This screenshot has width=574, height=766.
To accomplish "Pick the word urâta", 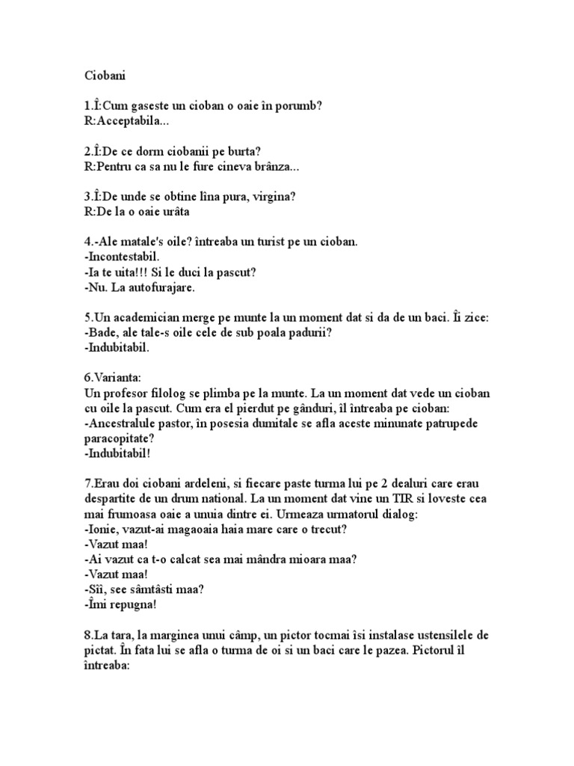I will [x=171, y=212].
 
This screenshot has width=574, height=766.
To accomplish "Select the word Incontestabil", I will [x=121, y=257].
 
